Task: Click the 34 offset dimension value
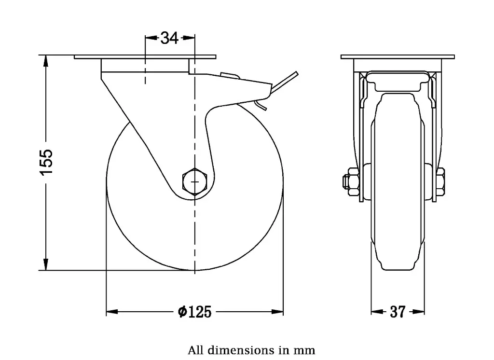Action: pos(169,38)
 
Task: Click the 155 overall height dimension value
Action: pos(46,162)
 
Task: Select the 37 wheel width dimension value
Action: pos(397,312)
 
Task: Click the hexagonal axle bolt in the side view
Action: pos(194,181)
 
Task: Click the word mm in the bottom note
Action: pos(305,350)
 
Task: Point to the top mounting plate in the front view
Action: pos(398,57)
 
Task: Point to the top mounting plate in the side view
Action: pos(145,57)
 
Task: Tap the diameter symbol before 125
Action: pos(182,312)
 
